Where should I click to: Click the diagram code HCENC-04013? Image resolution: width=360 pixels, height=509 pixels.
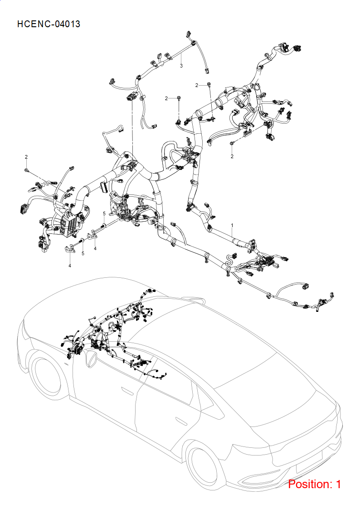pyautogui.click(x=49, y=24)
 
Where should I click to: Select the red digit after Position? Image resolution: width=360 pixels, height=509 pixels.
pyautogui.click(x=338, y=484)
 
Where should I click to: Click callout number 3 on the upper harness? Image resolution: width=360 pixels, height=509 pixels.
pyautogui.click(x=181, y=66)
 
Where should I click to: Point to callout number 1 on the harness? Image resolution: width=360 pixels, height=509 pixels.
pyautogui.click(x=232, y=225)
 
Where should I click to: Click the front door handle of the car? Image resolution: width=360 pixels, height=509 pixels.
pyautogui.click(x=127, y=390)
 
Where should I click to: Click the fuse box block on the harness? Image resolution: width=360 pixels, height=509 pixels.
pyautogui.click(x=68, y=224)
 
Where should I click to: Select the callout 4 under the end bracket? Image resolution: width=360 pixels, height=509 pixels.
pyautogui.click(x=69, y=266)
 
